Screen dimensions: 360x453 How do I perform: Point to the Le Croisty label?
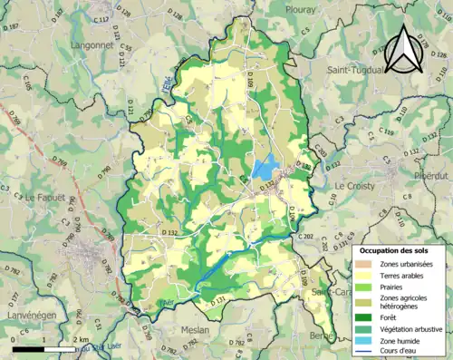tap(353, 186)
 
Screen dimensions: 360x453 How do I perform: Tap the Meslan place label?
tap(194, 330)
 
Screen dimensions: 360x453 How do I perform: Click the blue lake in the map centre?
tap(264, 168)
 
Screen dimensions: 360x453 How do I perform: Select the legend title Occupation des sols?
tap(400, 249)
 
